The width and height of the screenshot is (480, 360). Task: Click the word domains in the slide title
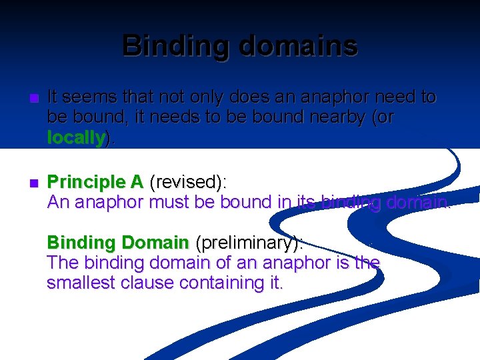297,45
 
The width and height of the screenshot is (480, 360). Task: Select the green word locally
76,138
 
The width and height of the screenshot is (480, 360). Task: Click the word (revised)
188,182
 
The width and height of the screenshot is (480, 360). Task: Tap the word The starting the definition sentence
62,263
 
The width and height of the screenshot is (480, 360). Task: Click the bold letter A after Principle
137,182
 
